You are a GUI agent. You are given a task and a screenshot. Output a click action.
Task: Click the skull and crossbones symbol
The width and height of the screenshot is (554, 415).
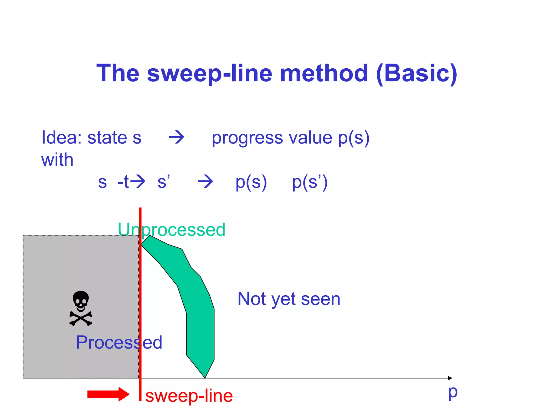[x=81, y=308]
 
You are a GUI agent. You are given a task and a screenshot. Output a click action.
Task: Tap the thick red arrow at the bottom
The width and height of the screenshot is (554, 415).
[x=108, y=394]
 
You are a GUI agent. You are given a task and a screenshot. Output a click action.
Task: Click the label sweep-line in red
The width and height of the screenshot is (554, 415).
[x=189, y=396]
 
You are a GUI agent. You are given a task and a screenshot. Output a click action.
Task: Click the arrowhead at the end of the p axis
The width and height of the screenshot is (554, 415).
[x=450, y=378]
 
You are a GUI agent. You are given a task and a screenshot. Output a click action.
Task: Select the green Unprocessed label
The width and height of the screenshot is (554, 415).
[x=172, y=230]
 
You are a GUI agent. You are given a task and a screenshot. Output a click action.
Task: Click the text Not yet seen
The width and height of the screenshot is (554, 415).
[x=289, y=299]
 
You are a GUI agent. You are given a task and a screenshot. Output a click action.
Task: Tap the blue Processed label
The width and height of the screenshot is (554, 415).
[x=119, y=342]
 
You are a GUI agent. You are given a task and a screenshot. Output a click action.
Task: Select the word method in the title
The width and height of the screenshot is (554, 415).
[x=324, y=73]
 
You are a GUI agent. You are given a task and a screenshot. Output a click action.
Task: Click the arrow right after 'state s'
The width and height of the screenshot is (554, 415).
[x=176, y=137]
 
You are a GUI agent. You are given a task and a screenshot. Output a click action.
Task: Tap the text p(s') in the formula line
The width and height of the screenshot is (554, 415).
[x=310, y=182]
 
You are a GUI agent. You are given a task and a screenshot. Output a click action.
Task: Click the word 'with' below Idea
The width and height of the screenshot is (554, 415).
[x=57, y=160]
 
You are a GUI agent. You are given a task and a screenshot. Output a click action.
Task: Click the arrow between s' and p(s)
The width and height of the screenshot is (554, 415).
[x=205, y=181]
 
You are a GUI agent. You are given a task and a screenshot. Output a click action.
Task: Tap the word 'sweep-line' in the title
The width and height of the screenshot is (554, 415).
[x=209, y=73]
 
